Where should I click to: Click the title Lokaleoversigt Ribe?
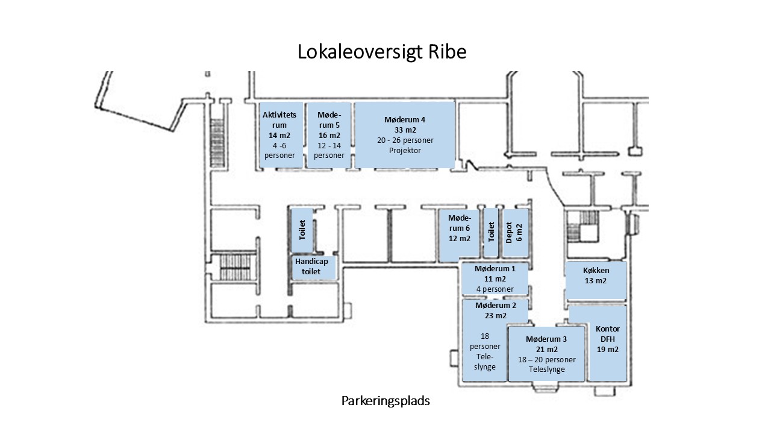pos(382,52)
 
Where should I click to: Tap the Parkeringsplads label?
pos(385,400)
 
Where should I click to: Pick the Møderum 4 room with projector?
pos(404,135)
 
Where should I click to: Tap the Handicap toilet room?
pos(313,266)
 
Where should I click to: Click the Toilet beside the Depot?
pos(492,232)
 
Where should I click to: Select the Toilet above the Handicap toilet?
pos(302,230)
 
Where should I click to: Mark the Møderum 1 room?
pos(495,278)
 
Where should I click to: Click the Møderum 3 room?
pos(546,354)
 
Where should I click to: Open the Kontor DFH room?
pos(608,344)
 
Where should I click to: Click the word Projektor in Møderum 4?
pos(404,151)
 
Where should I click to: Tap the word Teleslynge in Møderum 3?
pos(546,370)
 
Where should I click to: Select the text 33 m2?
pos(404,130)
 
